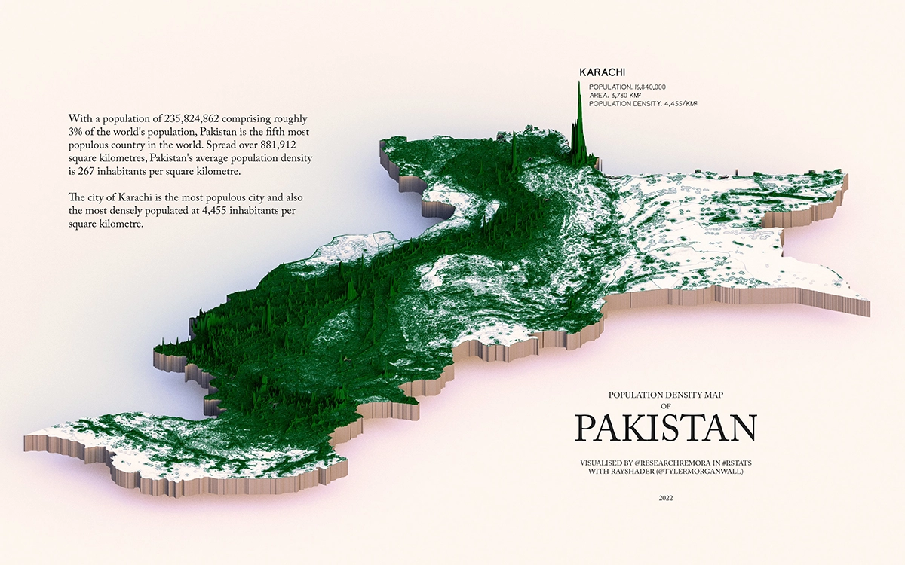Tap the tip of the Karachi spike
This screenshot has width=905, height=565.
pos(579,81)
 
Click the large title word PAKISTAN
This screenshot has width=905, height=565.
pos(665,428)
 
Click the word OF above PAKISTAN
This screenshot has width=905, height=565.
pos(664,405)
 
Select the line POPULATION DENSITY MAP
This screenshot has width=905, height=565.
pos(664,395)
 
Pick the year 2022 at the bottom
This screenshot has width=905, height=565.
pos(664,498)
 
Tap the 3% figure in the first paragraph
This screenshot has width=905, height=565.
pos(75,133)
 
